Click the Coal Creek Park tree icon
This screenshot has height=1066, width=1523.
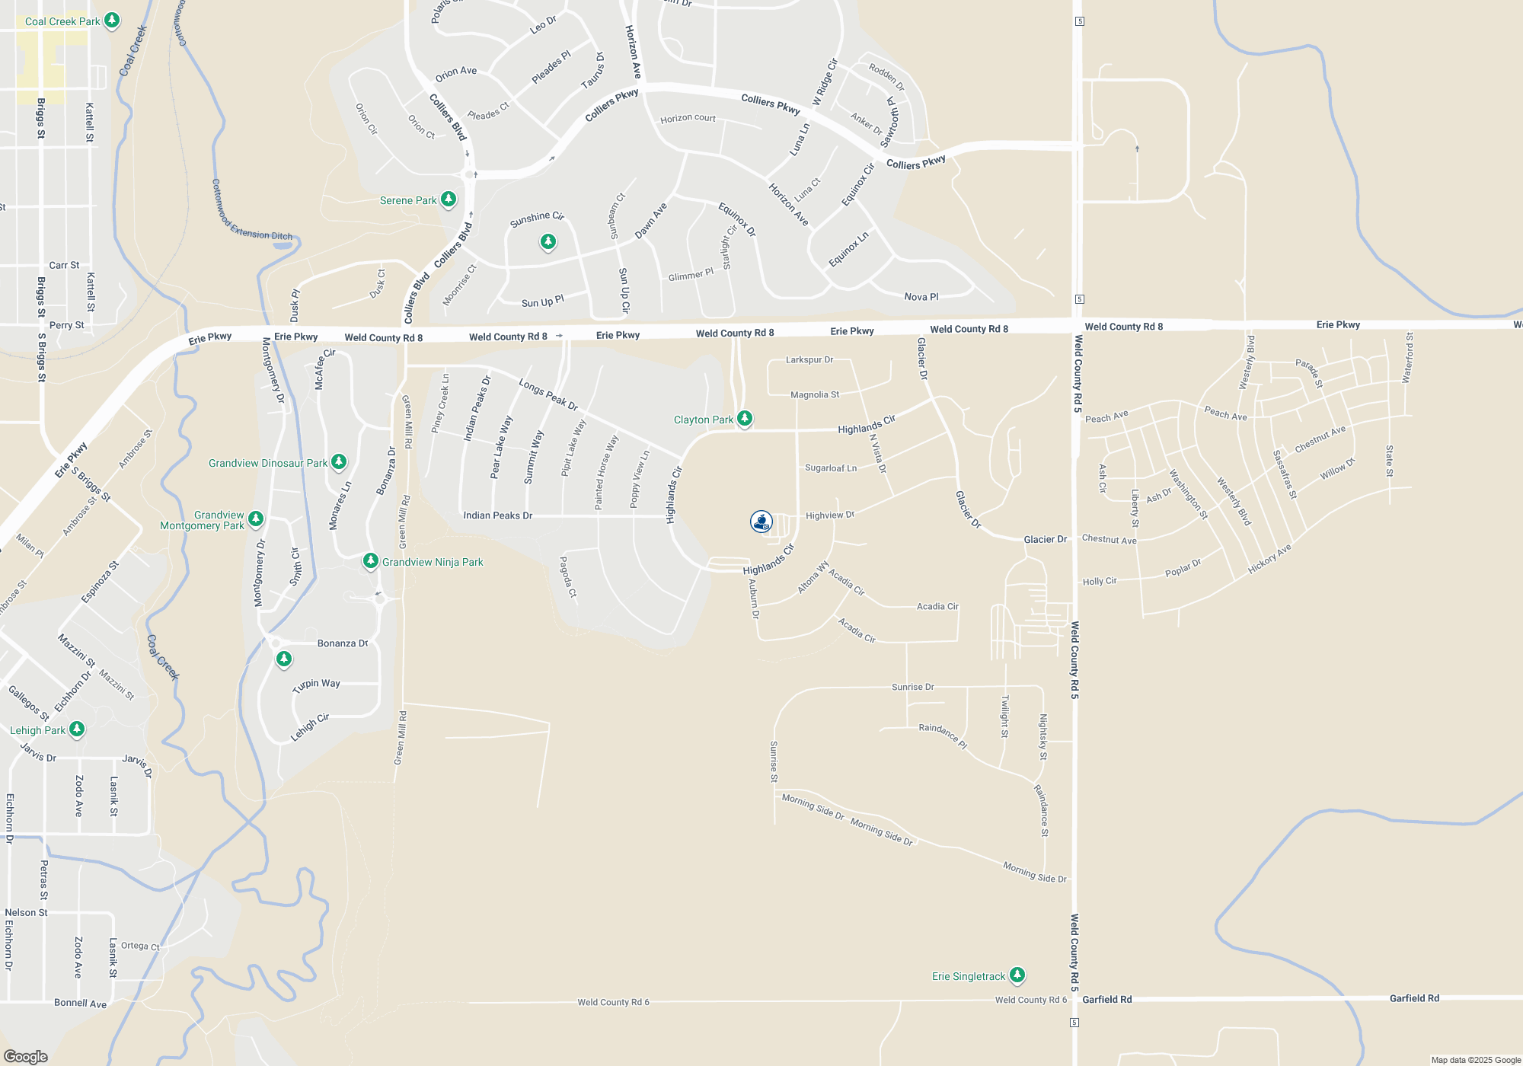[112, 20]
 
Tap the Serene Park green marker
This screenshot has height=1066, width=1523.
[449, 199]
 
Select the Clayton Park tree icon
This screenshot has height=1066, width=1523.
[745, 418]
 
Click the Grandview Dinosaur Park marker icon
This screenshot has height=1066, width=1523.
[339, 461]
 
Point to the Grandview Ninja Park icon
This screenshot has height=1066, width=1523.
[371, 561]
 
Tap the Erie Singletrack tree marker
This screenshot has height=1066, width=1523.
[1017, 975]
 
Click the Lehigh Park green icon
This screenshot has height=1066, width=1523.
[77, 729]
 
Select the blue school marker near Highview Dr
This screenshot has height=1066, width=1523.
[761, 522]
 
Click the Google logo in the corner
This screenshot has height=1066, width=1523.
[25, 1057]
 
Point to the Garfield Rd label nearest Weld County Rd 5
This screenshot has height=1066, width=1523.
[1106, 999]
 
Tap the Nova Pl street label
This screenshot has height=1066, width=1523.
[921, 297]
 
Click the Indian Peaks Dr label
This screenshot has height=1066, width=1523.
[497, 515]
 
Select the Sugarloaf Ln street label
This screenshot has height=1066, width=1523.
[831, 468]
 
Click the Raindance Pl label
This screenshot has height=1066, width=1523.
[942, 736]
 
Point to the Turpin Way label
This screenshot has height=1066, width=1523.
[317, 685]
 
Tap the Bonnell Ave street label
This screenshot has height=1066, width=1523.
[80, 1004]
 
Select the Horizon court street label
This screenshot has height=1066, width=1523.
[688, 118]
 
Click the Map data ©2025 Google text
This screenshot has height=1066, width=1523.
[1476, 1060]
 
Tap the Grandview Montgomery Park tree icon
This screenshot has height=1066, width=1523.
[256, 519]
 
